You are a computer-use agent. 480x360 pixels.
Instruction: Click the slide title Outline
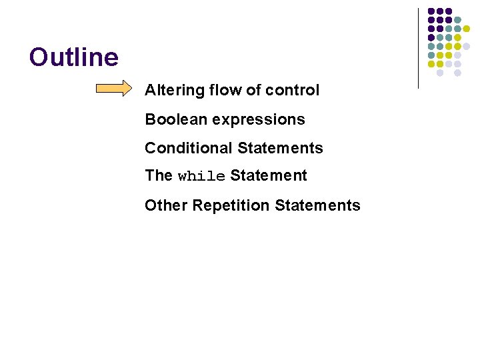74,57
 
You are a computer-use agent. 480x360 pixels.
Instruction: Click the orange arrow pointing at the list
115,89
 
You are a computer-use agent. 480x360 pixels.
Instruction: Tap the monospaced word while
201,177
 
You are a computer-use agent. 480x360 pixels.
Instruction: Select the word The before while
159,175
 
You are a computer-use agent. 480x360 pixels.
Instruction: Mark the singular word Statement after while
269,175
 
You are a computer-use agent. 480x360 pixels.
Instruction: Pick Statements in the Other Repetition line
317,205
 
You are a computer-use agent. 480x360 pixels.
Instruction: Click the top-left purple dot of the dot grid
431,11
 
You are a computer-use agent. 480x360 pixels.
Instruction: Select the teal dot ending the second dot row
457,20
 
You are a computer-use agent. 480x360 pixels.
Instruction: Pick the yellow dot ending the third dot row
467,29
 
